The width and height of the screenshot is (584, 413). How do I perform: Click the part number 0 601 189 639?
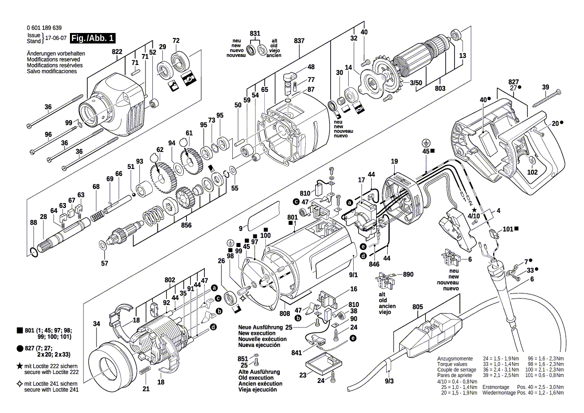[x=44, y=28]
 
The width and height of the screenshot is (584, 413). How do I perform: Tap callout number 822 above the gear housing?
[x=117, y=52]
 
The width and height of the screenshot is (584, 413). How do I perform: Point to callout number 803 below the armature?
[x=440, y=88]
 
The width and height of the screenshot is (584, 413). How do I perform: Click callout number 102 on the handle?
[x=533, y=172]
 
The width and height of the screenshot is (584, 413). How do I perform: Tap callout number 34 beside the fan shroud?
[x=96, y=324]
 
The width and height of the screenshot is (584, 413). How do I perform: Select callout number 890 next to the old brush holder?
[x=408, y=275]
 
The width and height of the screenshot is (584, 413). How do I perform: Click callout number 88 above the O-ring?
[x=33, y=222]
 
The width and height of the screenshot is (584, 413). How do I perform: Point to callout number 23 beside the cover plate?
[x=303, y=375]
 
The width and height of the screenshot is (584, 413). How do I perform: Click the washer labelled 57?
[x=103, y=244]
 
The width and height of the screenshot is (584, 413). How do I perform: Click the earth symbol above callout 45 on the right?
[x=426, y=142]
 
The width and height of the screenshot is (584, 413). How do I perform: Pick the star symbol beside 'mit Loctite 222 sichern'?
[x=19, y=366]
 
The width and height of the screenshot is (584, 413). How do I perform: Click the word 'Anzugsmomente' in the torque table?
[x=453, y=359]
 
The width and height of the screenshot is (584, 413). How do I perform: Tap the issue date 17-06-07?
[x=55, y=38]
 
